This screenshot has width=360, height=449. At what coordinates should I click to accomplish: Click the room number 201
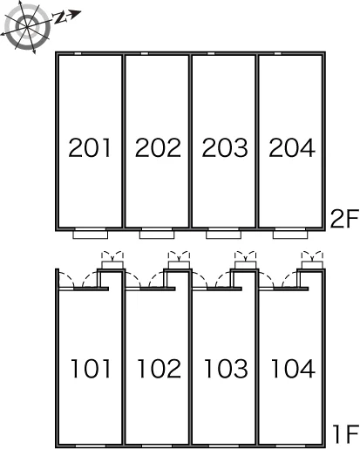pos(90,147)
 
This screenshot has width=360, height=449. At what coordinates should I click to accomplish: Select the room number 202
pos(158,147)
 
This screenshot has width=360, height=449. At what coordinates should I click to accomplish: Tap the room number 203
pos(225,147)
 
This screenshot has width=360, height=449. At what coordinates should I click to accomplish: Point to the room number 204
pos(292,147)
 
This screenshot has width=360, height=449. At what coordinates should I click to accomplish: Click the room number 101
pos(91,369)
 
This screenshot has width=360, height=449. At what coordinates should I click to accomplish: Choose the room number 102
pos(160,369)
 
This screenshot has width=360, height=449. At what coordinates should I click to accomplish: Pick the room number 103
pos(226,369)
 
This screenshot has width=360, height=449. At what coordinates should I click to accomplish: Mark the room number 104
pos(293,369)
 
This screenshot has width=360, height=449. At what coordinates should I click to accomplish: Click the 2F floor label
pos(344,219)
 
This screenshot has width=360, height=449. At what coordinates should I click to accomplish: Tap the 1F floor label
pos(346,434)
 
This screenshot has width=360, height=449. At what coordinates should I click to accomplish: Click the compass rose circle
pos(26,27)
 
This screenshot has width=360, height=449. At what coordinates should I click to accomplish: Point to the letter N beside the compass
pos(59,18)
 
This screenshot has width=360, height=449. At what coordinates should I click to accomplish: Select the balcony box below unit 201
pos(91,234)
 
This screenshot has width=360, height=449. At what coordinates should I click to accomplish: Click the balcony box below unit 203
pos(223,234)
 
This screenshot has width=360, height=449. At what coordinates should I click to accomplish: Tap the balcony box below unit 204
pos(290,234)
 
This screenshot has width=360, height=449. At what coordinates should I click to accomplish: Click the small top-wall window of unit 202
pos(145,53)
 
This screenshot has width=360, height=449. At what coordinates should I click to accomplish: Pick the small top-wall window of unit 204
pos(278,53)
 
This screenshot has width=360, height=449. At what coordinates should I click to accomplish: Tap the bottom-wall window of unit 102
pos(157,446)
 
